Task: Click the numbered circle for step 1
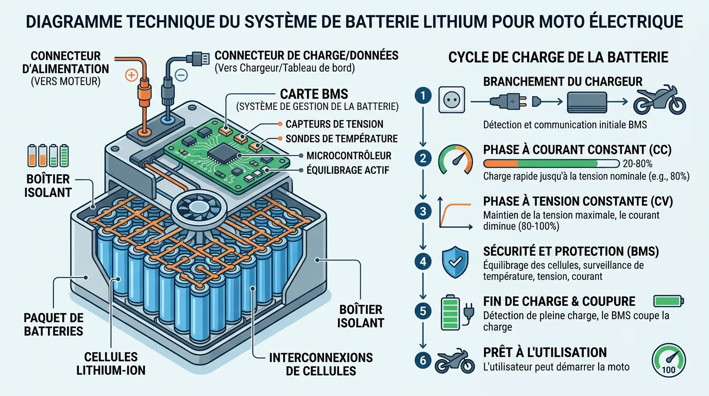point(423,95)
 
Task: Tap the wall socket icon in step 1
point(452,99)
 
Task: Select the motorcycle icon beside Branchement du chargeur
point(660,100)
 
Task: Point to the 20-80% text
point(638,164)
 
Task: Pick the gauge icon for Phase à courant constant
point(456,159)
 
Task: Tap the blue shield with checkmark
point(456,262)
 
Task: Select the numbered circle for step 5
point(423,310)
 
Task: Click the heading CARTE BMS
point(313,94)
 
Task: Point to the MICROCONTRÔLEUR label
point(349,156)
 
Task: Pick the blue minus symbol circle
point(181,75)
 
